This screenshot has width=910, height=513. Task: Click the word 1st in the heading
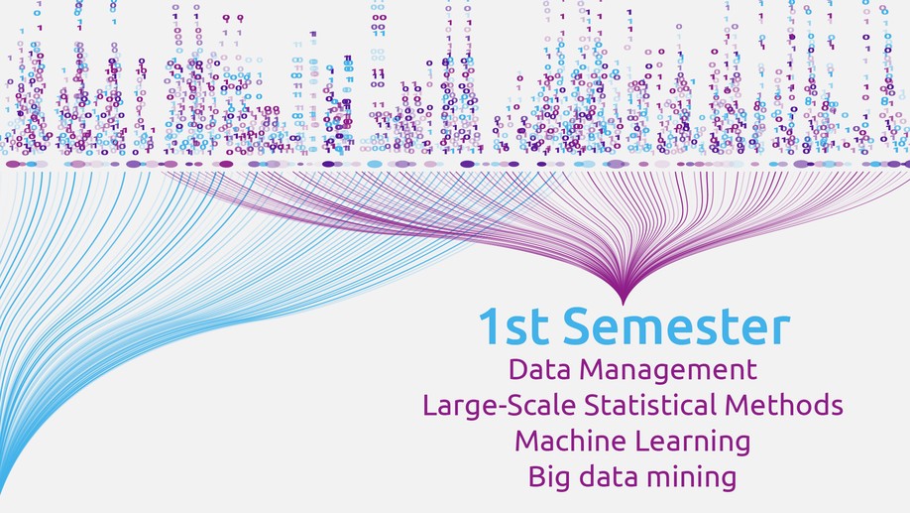tap(513, 326)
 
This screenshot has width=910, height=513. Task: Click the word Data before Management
tap(540, 369)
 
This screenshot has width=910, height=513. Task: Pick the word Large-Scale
tap(501, 406)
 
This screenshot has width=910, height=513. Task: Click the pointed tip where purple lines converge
tap(624, 304)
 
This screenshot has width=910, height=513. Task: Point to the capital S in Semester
tap(578, 326)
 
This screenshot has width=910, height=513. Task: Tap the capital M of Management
tap(593, 369)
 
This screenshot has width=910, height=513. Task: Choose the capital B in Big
tap(537, 477)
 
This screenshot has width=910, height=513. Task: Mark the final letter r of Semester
tap(781, 331)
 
